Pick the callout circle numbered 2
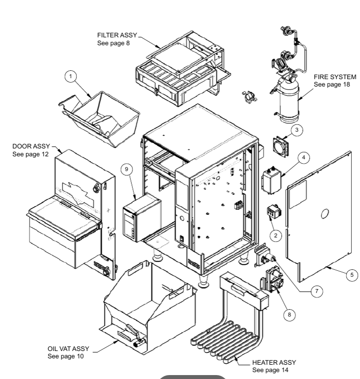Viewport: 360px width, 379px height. pos(276,235)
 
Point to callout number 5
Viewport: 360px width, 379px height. pos(351,275)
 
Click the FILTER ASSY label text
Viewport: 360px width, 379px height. pos(118,36)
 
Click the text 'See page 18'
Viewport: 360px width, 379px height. pos(330,85)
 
